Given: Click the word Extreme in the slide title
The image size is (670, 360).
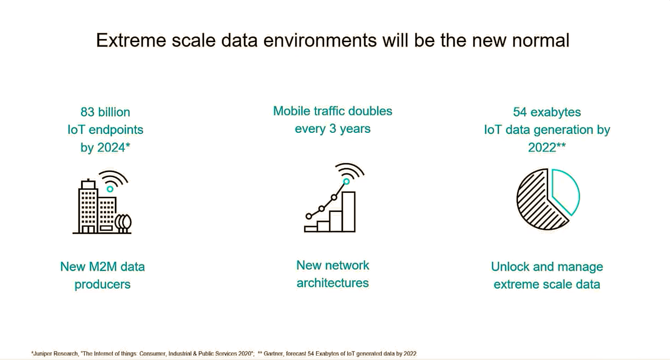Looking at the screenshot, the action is [x=131, y=40].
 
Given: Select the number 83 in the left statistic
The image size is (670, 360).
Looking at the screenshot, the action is [x=87, y=112].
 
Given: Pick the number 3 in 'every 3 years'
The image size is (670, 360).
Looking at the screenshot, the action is [x=332, y=129].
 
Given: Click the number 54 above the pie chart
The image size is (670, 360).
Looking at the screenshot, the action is [x=520, y=112].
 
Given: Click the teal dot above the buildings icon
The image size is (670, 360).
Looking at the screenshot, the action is [x=110, y=189].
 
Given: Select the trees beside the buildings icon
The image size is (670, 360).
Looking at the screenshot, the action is [x=123, y=223].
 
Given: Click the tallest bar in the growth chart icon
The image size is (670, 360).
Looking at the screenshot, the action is [x=349, y=211].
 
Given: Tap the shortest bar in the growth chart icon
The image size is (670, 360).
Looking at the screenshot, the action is [x=311, y=229].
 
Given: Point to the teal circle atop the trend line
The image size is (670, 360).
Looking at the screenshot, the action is [x=347, y=181].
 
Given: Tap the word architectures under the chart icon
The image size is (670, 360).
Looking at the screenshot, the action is [x=332, y=283].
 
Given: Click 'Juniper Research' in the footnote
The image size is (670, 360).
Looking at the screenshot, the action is [x=55, y=354].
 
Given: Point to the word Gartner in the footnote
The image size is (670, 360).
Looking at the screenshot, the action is [x=273, y=354].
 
